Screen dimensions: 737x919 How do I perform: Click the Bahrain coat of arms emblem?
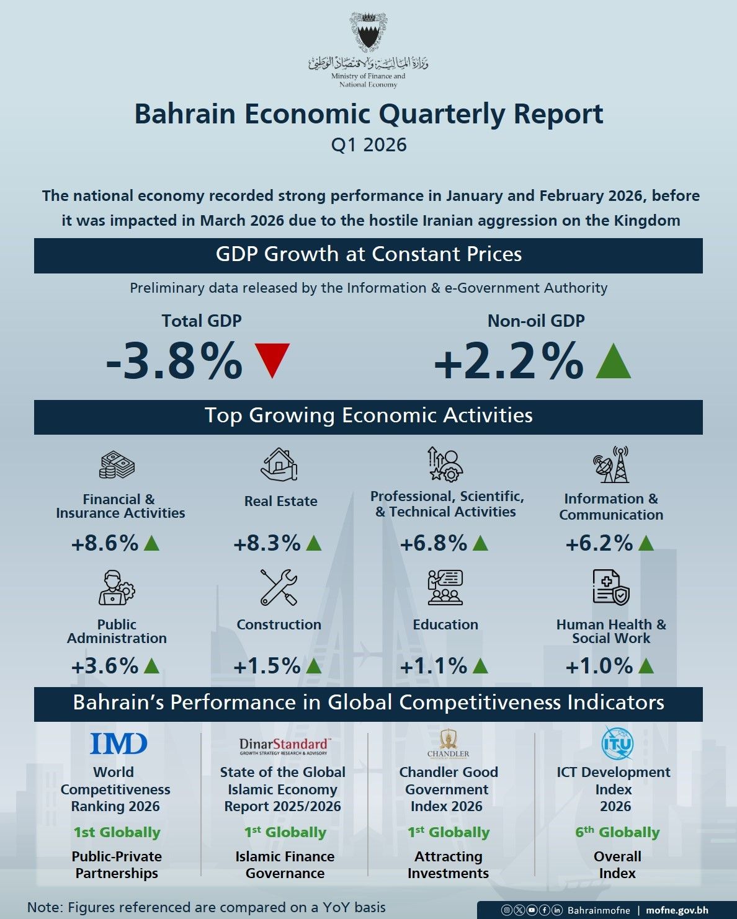[368, 32]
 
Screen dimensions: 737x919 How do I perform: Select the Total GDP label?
[202, 321]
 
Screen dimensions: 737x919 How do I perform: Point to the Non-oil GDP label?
[536, 321]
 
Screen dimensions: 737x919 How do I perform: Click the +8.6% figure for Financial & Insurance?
[105, 543]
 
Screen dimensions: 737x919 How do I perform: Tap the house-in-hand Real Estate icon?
[279, 464]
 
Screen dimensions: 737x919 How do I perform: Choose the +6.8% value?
[433, 543]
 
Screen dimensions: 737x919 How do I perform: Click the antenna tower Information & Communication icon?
[612, 464]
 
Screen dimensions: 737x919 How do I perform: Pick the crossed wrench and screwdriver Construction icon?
[279, 587]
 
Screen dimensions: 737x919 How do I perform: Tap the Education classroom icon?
[445, 587]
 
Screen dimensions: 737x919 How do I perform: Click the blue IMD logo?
[118, 744]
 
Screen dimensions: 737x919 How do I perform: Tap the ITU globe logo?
[617, 744]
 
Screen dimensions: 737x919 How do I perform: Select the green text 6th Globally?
[617, 832]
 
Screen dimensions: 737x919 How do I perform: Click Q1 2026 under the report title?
[368, 144]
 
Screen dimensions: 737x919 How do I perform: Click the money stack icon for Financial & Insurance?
[117, 464]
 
